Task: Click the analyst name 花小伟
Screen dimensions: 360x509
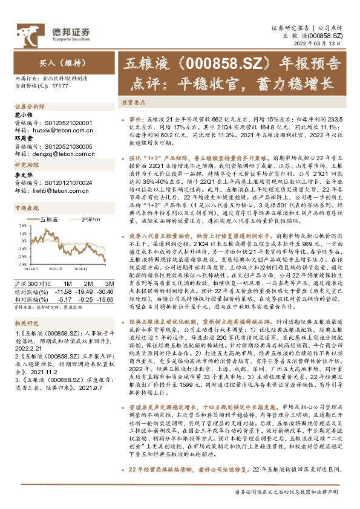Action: [x=22, y=114]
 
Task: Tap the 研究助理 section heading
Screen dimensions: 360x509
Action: [x=27, y=165]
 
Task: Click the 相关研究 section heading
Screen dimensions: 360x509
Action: [x=27, y=323]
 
